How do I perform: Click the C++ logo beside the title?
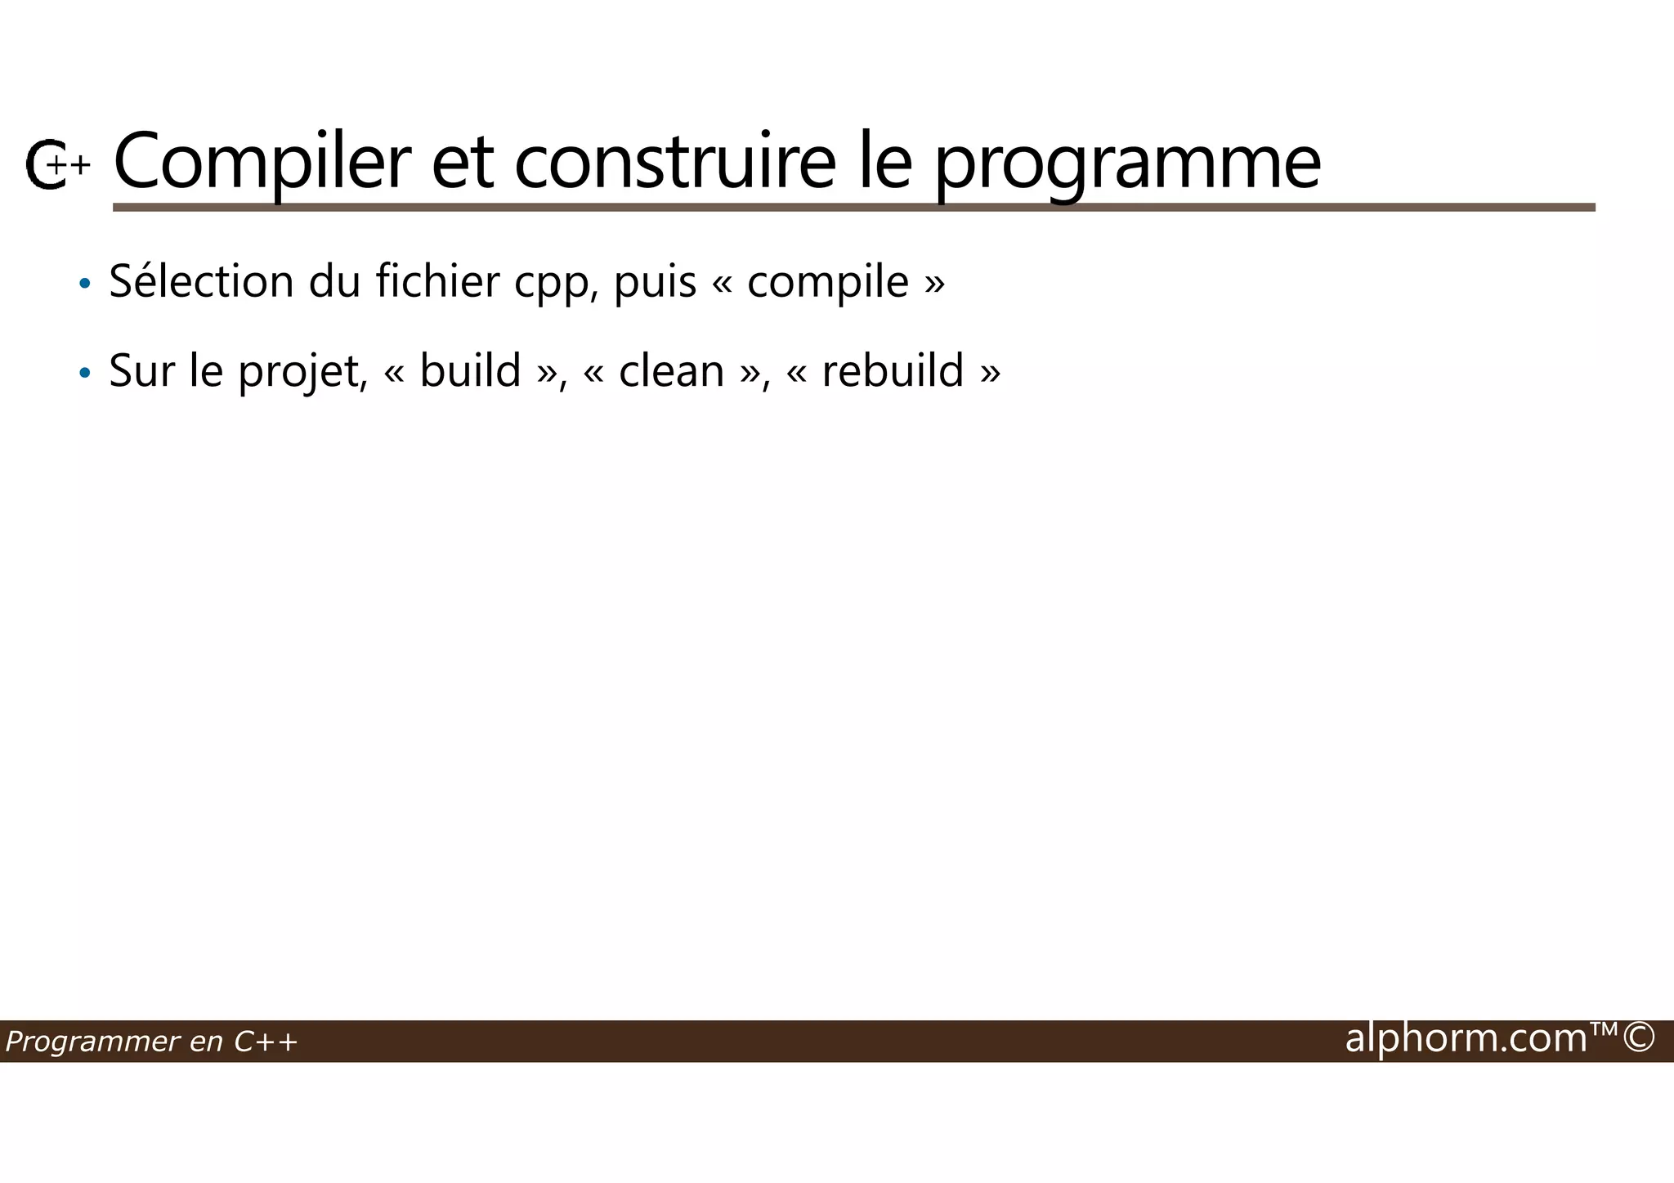click(x=56, y=165)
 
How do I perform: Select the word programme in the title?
click(x=1127, y=164)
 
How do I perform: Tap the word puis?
click(x=655, y=283)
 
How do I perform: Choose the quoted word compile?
click(x=827, y=283)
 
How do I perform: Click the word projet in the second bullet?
click(x=299, y=372)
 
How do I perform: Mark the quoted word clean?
click(x=671, y=372)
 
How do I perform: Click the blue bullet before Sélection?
click(x=84, y=285)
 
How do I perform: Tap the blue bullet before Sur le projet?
click(x=84, y=374)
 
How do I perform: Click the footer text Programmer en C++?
click(x=151, y=1042)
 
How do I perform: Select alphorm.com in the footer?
click(x=1466, y=1038)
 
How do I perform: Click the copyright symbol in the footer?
click(x=1639, y=1037)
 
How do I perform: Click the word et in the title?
click(x=462, y=164)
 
